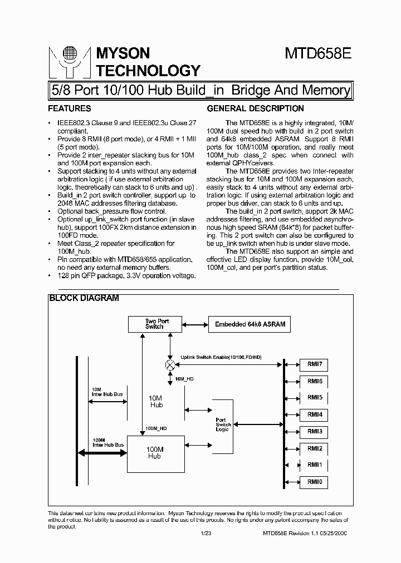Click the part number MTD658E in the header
pos(317,54)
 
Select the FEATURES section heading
pos(70,108)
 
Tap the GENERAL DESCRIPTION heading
pos(255,108)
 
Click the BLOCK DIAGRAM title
pos(84,298)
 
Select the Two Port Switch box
pos(155,324)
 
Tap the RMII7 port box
pos(314,364)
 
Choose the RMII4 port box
pos(314,414)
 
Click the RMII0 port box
pos(314,482)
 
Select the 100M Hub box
pos(155,453)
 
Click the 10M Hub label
pos(157,401)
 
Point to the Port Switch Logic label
pos(223,424)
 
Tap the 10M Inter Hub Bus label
pos(107,392)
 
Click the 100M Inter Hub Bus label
pos(107,442)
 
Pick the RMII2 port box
pos(314,448)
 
